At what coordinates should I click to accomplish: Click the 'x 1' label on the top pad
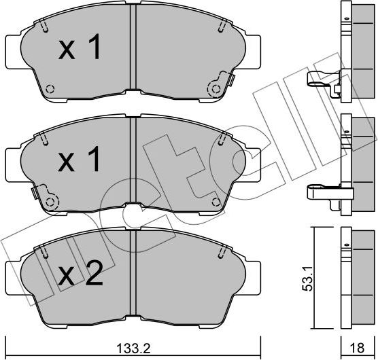(x=80, y=49)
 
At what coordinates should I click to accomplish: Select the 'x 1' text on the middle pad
(x=80, y=161)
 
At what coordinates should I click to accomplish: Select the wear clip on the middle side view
(x=322, y=194)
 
